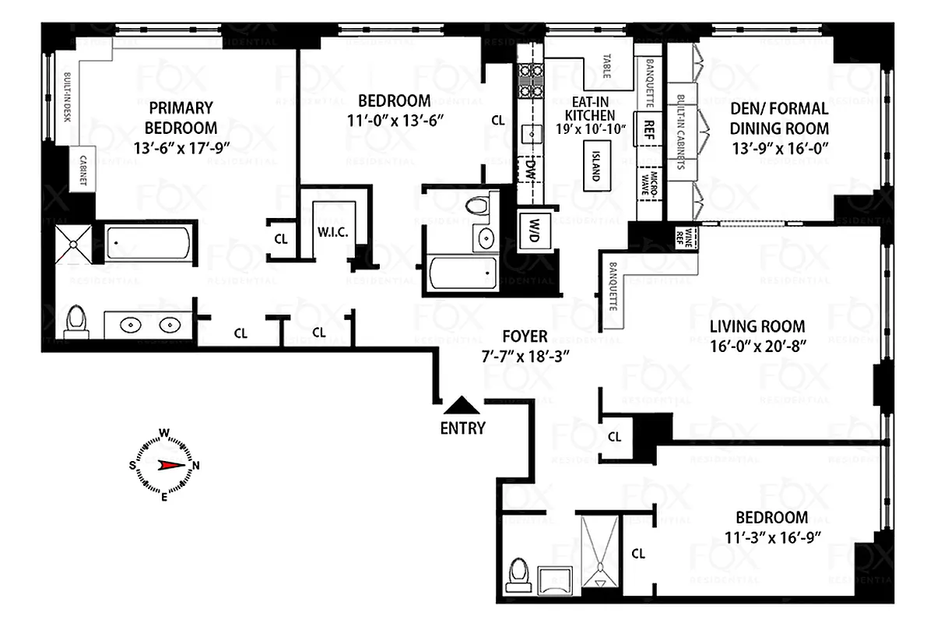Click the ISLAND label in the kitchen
coord(595,164)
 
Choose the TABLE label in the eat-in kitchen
coord(607,68)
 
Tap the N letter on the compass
coord(196,466)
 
